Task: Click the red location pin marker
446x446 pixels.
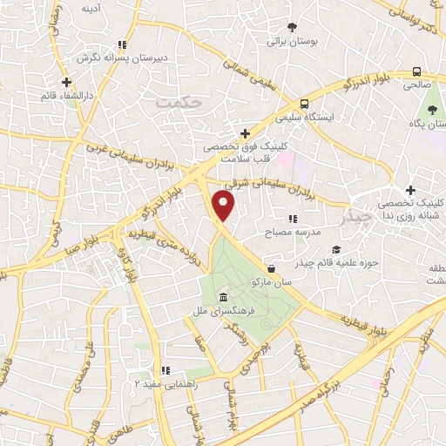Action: [224, 206]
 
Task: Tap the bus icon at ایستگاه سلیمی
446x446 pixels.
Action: [303, 102]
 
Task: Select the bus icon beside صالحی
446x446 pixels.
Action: [417, 71]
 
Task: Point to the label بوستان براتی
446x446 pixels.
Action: [289, 40]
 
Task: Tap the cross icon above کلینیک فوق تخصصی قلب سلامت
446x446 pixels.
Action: [246, 133]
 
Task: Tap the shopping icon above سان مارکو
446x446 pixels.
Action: [273, 269]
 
